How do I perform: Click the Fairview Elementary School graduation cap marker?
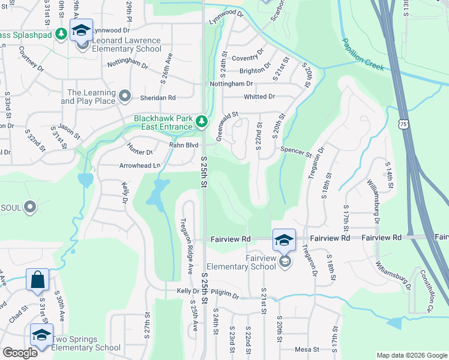[285, 241]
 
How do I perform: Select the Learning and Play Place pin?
[125, 95]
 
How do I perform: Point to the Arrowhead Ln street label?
[140, 165]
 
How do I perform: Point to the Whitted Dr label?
[259, 96]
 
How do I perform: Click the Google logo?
[20, 353]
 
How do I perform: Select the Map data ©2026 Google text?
[411, 355]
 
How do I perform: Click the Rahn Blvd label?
[183, 145]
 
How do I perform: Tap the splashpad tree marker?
[61, 34]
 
